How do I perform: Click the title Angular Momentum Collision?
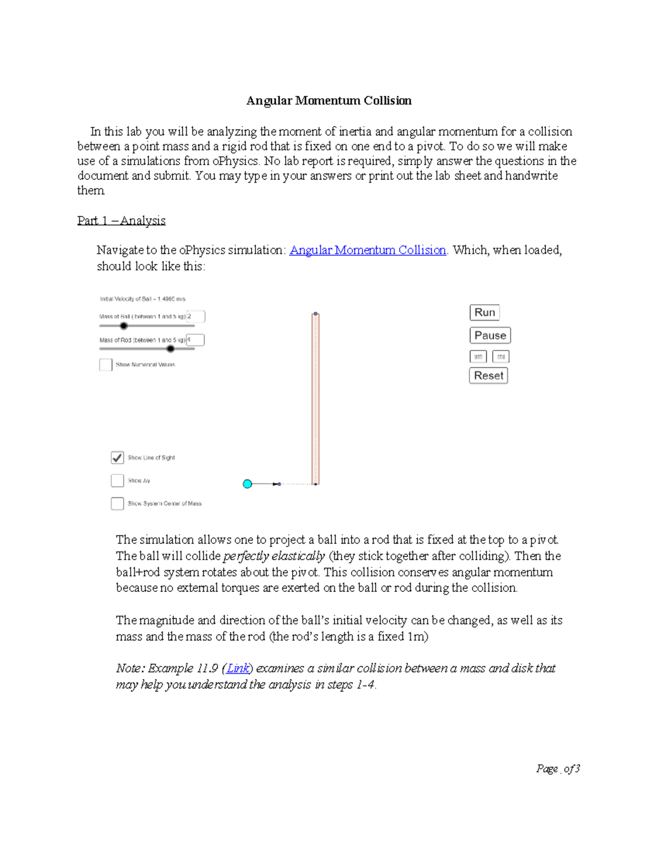pos(328,100)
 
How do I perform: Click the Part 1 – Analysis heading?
pos(121,221)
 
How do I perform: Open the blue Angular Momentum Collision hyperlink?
pos(367,250)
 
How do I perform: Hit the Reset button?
pos(488,376)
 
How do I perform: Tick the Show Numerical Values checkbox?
pos(106,365)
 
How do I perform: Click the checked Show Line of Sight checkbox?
pos(118,458)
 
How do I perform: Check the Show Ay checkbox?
pos(118,481)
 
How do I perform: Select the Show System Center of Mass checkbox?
pos(118,504)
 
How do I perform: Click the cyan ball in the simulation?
pos(247,484)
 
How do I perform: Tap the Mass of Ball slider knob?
pos(124,326)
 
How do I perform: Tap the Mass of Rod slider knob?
pos(171,349)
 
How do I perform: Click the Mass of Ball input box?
pos(196,317)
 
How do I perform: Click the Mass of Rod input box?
pos(196,340)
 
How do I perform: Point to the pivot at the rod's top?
pos(316,314)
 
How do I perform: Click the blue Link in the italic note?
pos(238,668)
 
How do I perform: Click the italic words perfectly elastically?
pos(274,556)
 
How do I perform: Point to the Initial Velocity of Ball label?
pos(143,299)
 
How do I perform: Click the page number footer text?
pos(557,769)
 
